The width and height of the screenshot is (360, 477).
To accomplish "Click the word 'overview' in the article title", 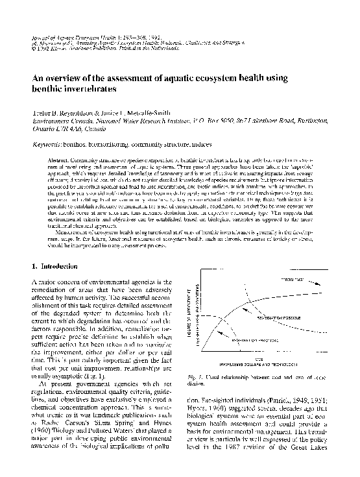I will (x=66, y=76).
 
